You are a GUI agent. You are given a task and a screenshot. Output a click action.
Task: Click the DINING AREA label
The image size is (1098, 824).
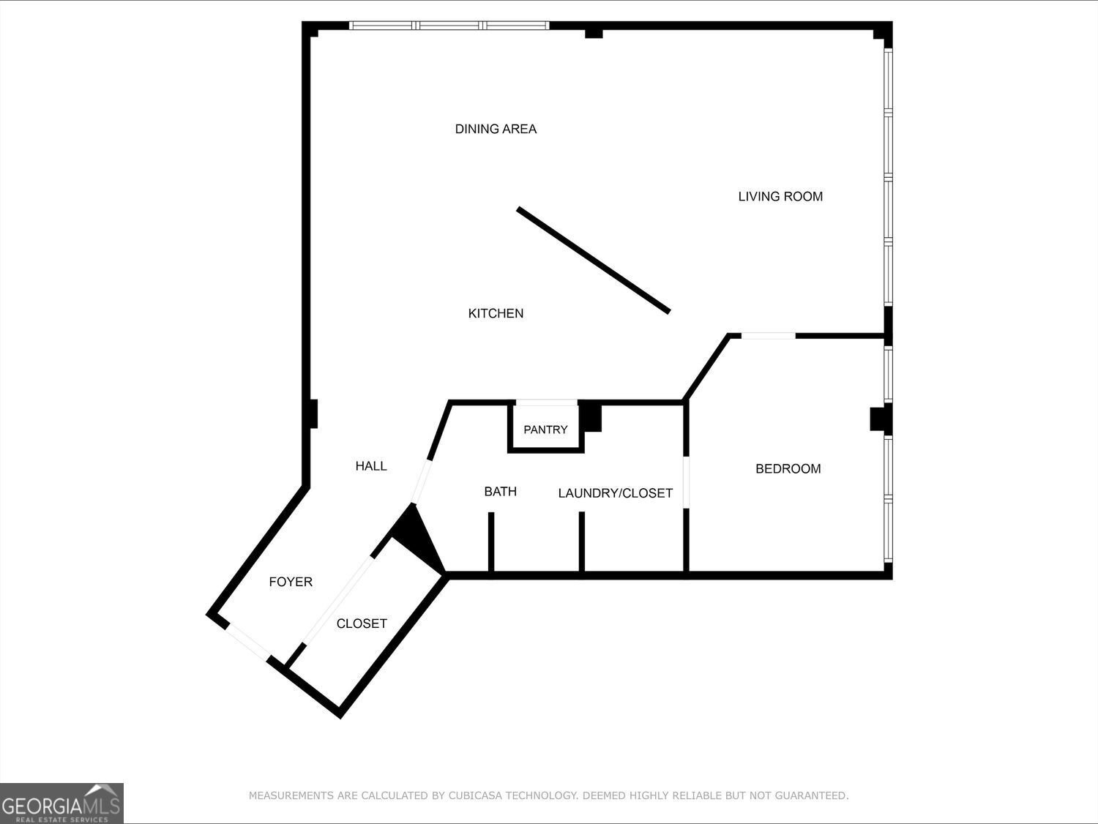pyautogui.click(x=496, y=129)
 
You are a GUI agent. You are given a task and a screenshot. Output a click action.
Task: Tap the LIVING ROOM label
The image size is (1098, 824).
pyautogui.click(x=780, y=196)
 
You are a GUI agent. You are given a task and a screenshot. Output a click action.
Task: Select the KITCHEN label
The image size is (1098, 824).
pyautogui.click(x=496, y=313)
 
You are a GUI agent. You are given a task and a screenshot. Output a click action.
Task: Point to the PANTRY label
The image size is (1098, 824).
pyautogui.click(x=545, y=430)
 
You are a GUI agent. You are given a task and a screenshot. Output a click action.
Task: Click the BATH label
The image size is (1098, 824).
pyautogui.click(x=500, y=491)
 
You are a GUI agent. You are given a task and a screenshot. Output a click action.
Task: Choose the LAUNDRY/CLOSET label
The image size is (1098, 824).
pyautogui.click(x=615, y=493)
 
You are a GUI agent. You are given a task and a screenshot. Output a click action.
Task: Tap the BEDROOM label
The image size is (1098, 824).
pyautogui.click(x=788, y=468)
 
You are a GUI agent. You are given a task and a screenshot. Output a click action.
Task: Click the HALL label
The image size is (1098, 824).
pyautogui.click(x=371, y=465)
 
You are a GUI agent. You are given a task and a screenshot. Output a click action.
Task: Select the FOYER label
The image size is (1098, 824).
pyautogui.click(x=291, y=582)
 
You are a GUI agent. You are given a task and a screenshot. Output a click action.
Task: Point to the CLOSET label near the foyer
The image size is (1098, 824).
pyautogui.click(x=362, y=623)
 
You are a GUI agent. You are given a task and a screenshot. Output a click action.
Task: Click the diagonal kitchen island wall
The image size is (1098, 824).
pyautogui.click(x=594, y=260)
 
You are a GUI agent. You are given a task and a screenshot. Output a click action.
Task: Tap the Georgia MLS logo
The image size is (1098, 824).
pyautogui.click(x=61, y=803)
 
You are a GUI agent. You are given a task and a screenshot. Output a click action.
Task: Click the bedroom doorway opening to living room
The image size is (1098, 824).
pyautogui.click(x=768, y=336)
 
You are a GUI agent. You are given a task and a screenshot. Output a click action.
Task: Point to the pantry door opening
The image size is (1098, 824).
pyautogui.click(x=547, y=402)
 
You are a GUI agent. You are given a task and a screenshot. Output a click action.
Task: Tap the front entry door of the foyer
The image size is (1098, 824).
pyautogui.click(x=247, y=642)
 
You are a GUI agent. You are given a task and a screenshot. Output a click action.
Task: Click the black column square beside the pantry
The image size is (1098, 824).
pyautogui.click(x=591, y=416)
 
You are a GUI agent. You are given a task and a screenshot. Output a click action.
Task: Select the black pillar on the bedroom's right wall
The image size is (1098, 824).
pyautogui.click(x=879, y=419)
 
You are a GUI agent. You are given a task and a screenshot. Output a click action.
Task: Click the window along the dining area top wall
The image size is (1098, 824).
pyautogui.click(x=449, y=26)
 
